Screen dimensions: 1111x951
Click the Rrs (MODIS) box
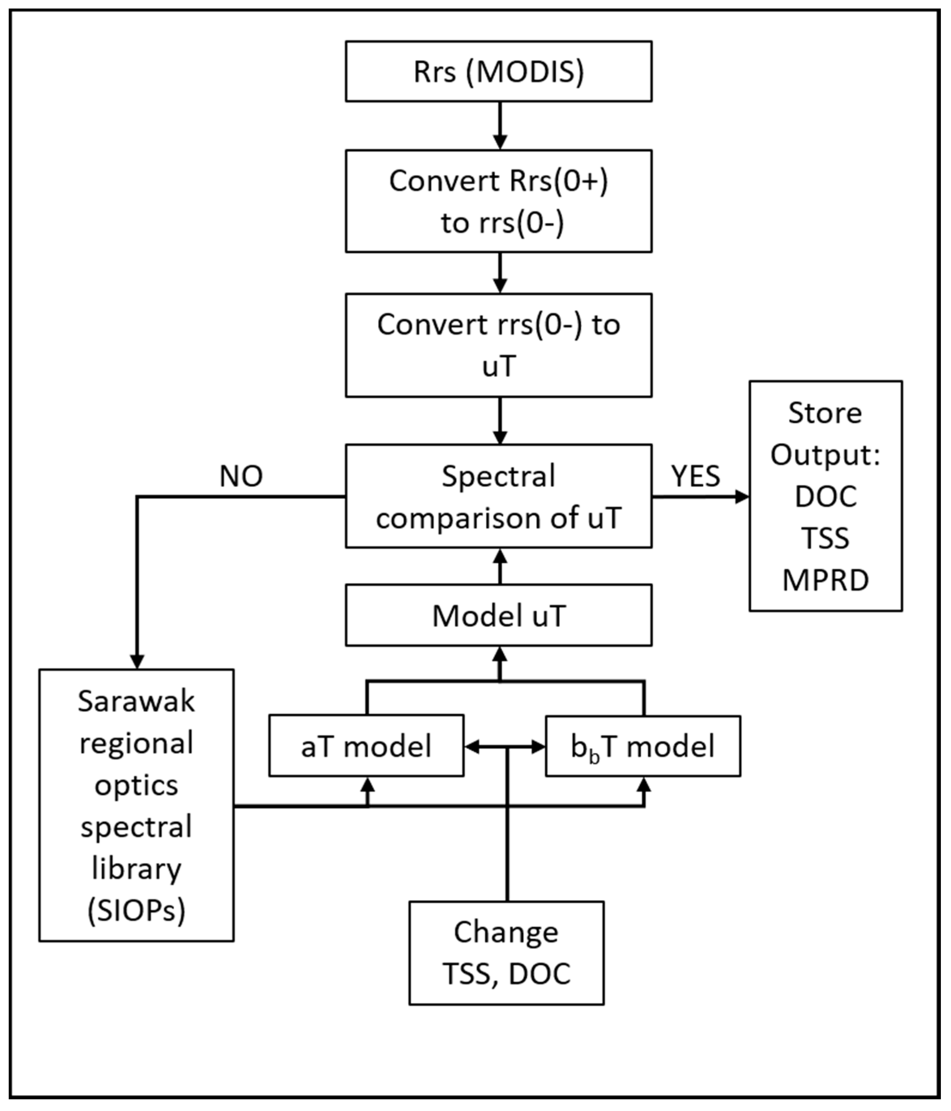[499, 71]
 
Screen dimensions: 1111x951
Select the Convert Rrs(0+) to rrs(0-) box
[499, 201]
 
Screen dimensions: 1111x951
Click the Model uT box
[499, 615]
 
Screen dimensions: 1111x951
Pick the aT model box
[366, 746]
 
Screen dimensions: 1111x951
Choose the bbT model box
[643, 746]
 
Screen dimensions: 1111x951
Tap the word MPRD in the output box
[825, 580]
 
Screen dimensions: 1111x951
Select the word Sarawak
[136, 701]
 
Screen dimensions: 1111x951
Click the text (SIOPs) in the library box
[136, 910]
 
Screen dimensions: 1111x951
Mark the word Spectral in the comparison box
[499, 476]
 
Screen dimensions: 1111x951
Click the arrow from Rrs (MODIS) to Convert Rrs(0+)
[500, 126]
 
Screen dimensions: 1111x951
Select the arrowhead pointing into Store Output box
[742, 496]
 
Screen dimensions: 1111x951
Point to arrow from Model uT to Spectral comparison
[500, 566]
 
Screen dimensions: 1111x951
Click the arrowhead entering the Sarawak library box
[137, 662]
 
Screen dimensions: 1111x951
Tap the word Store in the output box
[825, 413]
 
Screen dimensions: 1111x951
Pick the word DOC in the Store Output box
[825, 496]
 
